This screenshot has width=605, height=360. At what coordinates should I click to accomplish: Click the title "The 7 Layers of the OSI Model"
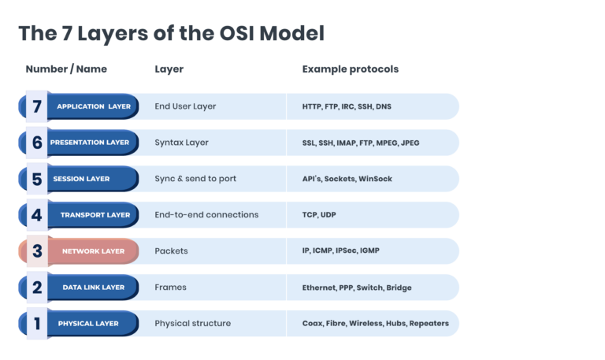pos(171,33)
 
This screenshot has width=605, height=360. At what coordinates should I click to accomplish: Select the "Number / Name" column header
pos(66,69)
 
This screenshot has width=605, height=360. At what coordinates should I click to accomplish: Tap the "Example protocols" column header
pos(350,69)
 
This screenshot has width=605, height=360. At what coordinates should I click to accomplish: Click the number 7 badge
pos(37,106)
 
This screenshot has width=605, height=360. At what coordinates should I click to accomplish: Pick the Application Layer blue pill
pos(93,106)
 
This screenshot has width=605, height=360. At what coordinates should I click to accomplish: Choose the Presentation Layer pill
pos(90,143)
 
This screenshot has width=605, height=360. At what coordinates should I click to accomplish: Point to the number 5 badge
pos(37,179)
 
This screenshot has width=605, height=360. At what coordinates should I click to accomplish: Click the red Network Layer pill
pos(93,251)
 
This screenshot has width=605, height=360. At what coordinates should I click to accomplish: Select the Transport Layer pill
pos(95,215)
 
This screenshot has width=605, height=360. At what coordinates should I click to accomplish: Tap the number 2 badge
pos(37,288)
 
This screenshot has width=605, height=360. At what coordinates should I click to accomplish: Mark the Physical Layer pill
pos(88,324)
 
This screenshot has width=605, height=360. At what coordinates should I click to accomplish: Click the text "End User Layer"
pos(185,106)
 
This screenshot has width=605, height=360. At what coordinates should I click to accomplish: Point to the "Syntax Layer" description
pos(180,143)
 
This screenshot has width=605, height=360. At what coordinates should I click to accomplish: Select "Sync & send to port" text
pos(195,179)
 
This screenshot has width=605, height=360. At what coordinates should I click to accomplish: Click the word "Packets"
pos(171,251)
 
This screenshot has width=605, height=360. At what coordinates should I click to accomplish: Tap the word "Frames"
pos(170,288)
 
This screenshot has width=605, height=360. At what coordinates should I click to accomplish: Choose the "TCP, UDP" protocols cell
pos(319,215)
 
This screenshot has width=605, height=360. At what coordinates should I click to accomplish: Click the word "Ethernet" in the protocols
pos(319,288)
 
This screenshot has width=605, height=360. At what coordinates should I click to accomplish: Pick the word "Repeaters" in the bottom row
pos(429,324)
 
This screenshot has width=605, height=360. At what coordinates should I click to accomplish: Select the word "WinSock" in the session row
pos(375,179)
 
